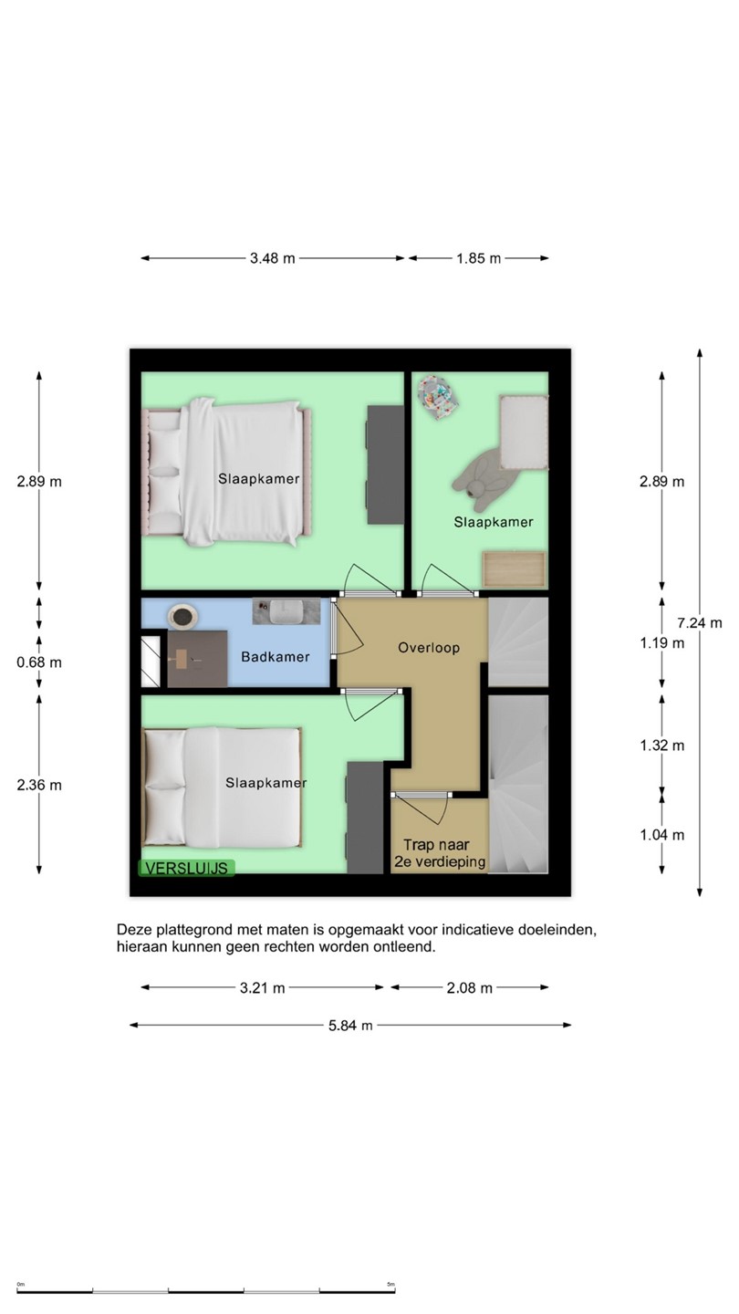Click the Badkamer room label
coord(276,657)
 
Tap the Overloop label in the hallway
coord(429,648)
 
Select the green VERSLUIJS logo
coord(186,868)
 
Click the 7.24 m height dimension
coord(699,623)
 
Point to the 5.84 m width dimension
coord(350,1026)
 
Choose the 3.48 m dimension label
coord(272,258)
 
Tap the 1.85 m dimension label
coord(479,258)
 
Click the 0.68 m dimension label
coord(39,662)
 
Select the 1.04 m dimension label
coord(662,835)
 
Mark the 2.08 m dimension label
coord(469,988)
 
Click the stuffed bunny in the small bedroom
coord(479,480)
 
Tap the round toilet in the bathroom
coord(182,617)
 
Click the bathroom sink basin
coord(286,611)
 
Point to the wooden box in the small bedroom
coord(514,568)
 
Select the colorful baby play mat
coord(438,398)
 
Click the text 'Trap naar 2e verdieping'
coord(440,853)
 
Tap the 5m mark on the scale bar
coord(391,1284)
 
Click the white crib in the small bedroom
coord(524,433)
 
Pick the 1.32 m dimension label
coord(662,746)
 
